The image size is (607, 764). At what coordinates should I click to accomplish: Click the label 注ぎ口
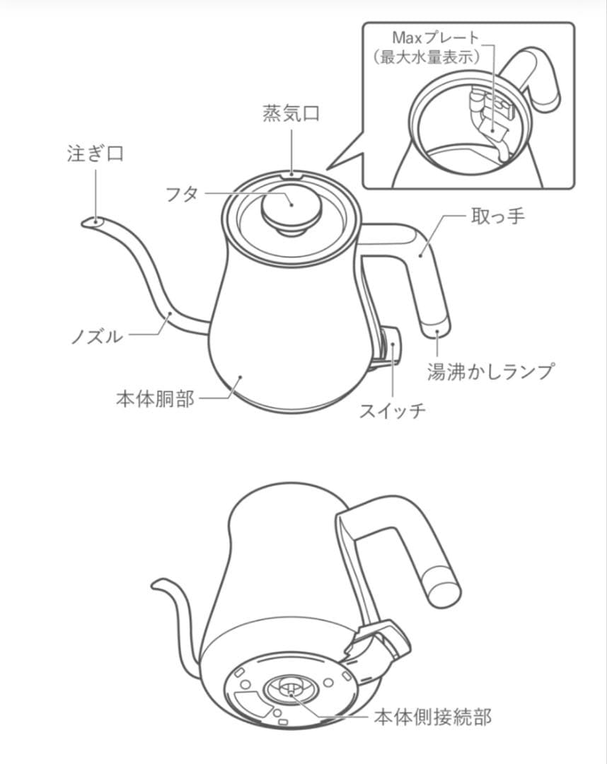tap(95, 154)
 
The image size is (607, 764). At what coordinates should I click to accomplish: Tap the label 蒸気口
tap(291, 114)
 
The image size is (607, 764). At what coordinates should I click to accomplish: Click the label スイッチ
tap(393, 410)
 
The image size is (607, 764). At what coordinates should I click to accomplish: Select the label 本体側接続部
tap(432, 717)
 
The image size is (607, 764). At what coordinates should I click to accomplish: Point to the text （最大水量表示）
tap(427, 57)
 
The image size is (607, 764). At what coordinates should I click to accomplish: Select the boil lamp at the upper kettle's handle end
tap(435, 328)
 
